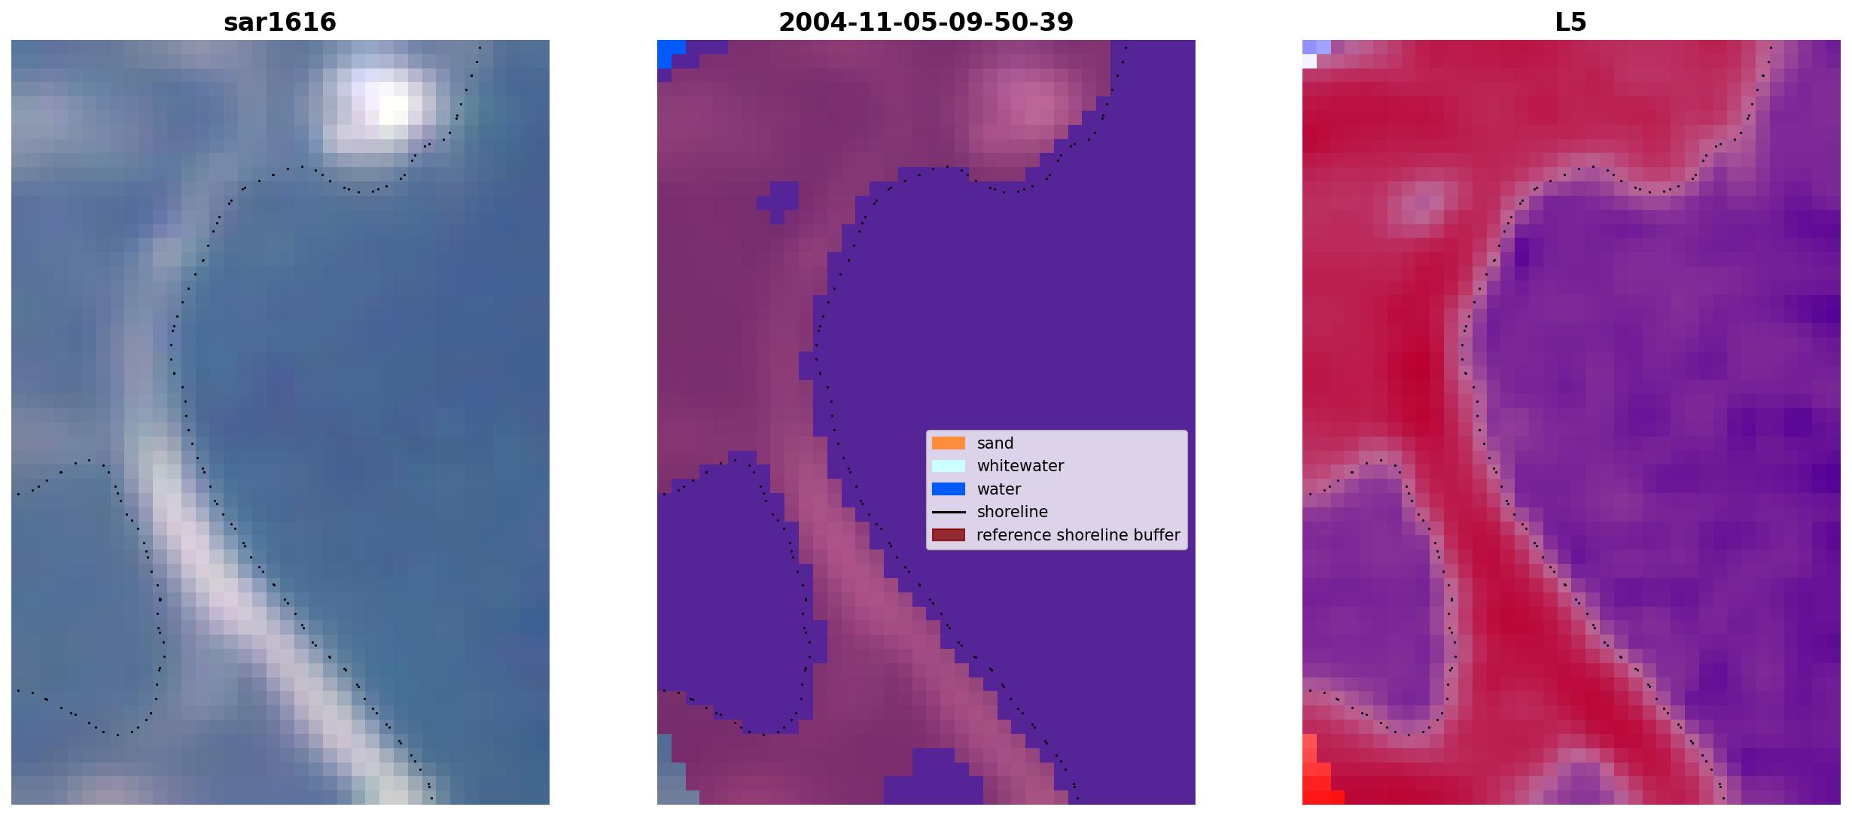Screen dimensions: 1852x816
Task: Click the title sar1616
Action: [280, 23]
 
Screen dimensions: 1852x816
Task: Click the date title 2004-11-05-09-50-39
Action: [926, 23]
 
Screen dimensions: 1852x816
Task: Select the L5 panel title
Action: [1571, 23]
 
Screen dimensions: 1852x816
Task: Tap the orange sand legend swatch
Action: [949, 443]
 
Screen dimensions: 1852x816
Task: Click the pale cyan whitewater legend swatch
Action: [949, 466]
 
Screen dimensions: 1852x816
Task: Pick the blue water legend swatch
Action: [949, 489]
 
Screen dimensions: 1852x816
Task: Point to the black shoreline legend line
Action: [949, 512]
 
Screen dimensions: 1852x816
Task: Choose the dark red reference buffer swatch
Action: [949, 535]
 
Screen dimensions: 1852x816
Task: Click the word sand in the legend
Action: [995, 443]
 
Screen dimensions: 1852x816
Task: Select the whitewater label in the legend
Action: [1020, 466]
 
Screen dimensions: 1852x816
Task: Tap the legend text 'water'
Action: [999, 489]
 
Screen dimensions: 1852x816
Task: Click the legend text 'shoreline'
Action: [1013, 512]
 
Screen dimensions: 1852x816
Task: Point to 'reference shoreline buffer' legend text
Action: [1078, 535]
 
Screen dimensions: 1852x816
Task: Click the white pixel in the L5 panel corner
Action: [1309, 61]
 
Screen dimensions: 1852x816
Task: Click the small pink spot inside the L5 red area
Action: [1422, 202]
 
